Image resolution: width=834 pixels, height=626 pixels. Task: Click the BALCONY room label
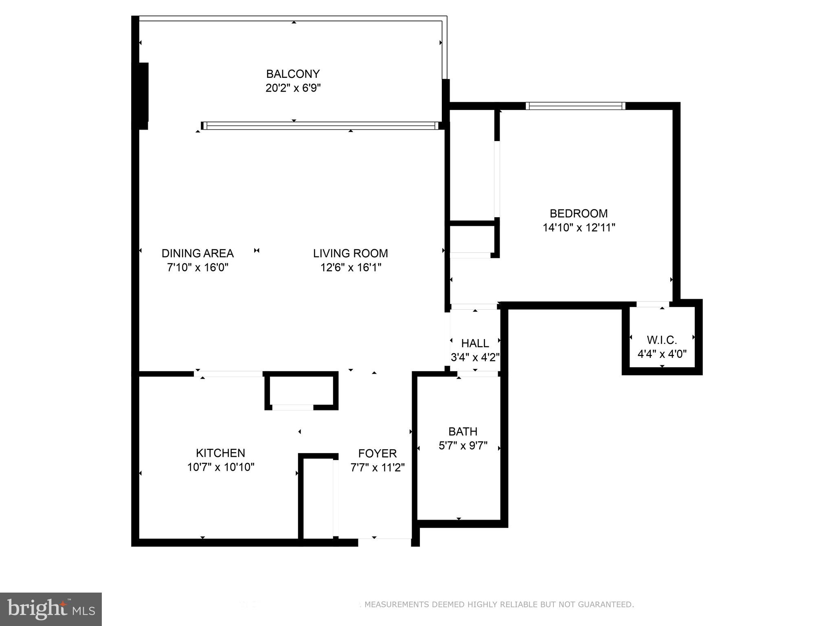(x=293, y=74)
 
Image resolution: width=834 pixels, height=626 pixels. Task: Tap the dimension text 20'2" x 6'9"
(x=293, y=88)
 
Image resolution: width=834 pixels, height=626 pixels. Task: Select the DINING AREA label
(x=198, y=253)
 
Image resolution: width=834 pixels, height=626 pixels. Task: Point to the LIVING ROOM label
(x=350, y=253)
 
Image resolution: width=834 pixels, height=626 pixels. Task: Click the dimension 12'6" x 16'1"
(x=350, y=267)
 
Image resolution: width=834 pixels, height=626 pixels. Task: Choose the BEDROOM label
(x=578, y=214)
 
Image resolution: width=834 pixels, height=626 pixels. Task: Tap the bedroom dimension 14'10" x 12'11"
(x=578, y=227)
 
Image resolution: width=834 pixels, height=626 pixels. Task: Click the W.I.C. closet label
(x=662, y=340)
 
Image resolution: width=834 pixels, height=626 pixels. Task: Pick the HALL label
(x=475, y=343)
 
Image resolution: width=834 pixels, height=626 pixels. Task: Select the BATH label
(x=463, y=432)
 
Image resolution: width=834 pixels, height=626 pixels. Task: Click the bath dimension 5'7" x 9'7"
(x=463, y=445)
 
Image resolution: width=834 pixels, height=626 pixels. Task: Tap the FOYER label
(x=377, y=454)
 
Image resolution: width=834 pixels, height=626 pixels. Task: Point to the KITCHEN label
(x=220, y=453)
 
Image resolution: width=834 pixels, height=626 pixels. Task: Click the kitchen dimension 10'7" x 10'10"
(x=220, y=467)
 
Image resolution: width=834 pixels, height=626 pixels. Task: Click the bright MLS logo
(x=51, y=609)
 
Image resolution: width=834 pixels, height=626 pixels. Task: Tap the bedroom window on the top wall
(x=575, y=106)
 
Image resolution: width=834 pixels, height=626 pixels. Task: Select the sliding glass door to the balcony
(x=320, y=126)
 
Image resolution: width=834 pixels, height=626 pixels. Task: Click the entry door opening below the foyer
(x=384, y=542)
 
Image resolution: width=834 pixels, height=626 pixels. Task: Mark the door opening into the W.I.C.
(x=653, y=304)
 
